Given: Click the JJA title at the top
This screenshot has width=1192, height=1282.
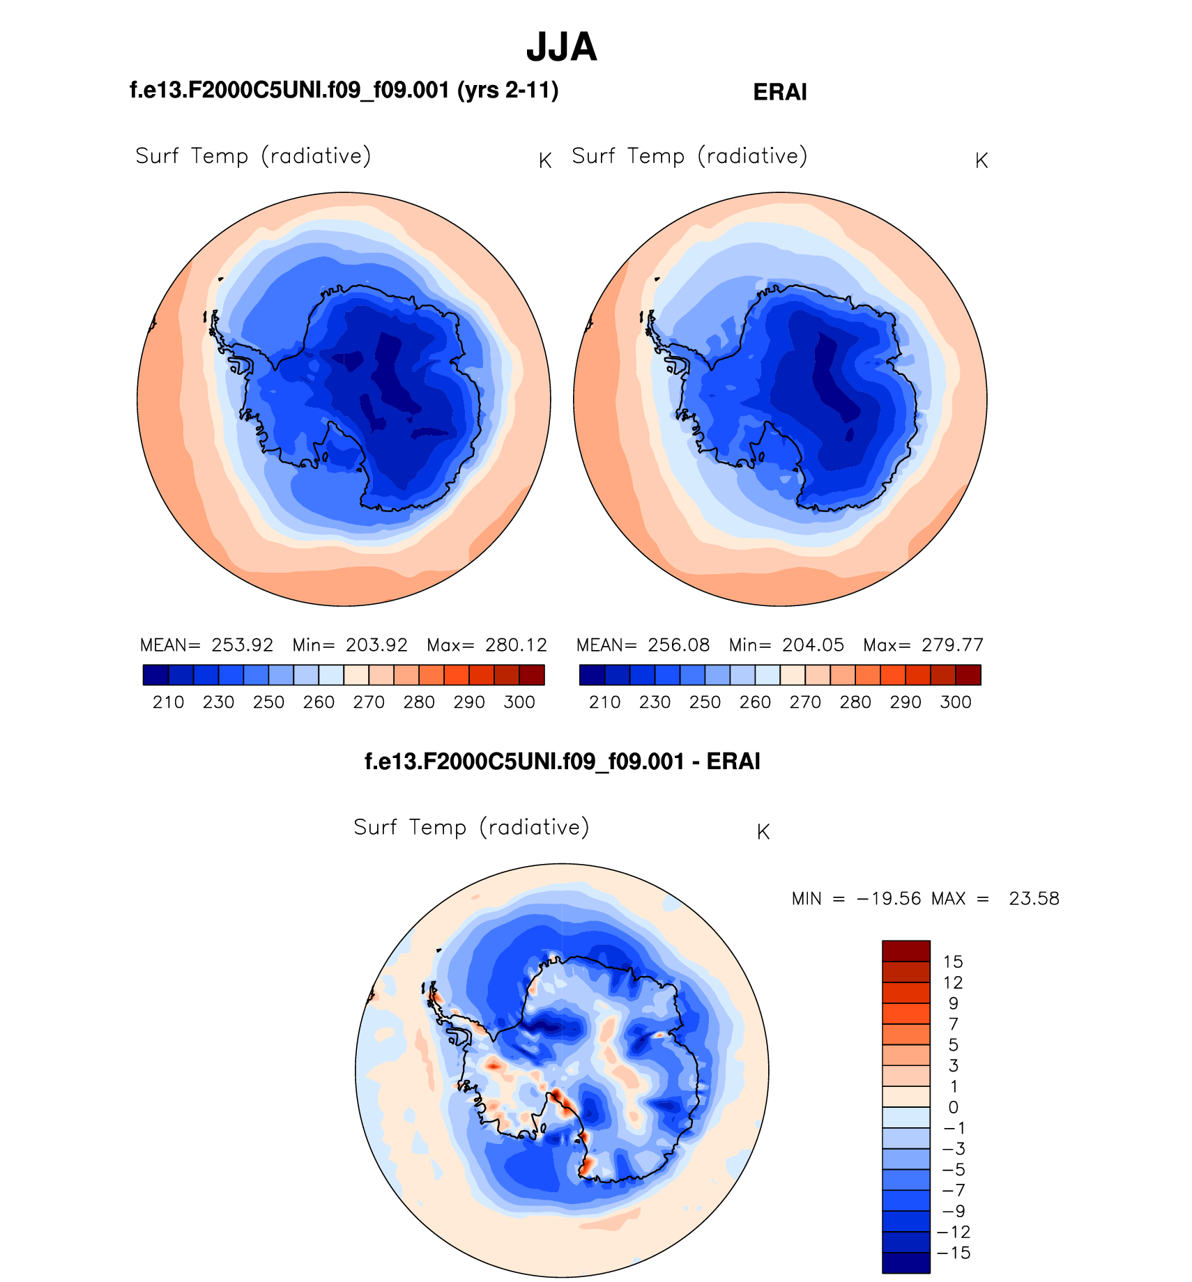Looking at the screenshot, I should point(561,47).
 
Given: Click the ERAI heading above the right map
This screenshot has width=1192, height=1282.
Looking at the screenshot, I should point(779,93).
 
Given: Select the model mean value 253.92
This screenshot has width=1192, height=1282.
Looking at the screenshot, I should point(243,645).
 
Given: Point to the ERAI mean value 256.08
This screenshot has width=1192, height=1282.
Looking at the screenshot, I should point(679,645).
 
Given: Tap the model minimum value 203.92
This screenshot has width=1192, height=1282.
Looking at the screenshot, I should point(376,645).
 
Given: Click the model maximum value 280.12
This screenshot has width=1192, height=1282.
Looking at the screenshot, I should point(516,645).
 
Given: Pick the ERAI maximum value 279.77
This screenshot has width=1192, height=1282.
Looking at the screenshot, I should point(952,645).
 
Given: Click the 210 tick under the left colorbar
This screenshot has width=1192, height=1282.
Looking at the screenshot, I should point(168,702).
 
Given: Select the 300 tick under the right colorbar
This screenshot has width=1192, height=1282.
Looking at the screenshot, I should point(955,702).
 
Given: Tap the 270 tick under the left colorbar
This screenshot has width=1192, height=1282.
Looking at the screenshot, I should point(369,702).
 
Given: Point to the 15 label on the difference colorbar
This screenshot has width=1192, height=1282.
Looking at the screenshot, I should point(953,962).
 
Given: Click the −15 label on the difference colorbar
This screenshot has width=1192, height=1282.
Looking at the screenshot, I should point(954,1253).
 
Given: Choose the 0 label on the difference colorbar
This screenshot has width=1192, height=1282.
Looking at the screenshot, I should point(953,1107).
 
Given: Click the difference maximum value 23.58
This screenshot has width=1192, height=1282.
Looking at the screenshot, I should point(1034,899).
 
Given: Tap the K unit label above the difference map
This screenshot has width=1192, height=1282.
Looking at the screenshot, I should point(763,832).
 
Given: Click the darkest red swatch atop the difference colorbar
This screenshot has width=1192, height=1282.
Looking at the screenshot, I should point(906,951).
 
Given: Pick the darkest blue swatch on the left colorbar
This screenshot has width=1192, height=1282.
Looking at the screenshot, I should point(155,675).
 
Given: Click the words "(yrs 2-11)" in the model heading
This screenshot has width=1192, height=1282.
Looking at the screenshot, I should point(507,91).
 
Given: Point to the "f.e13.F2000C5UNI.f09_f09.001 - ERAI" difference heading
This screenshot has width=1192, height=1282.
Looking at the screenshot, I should point(562,762).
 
